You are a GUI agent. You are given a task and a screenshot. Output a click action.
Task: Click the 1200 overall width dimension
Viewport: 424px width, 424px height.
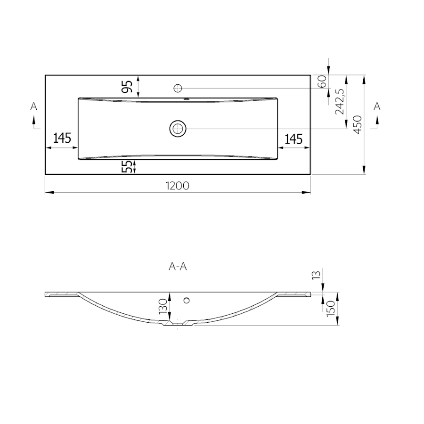178,186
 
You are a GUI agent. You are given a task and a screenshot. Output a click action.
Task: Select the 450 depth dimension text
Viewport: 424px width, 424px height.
358,125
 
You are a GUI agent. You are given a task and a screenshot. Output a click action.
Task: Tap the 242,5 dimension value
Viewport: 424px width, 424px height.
340,102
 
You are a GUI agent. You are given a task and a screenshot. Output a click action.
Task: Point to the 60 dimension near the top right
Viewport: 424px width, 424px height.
322,81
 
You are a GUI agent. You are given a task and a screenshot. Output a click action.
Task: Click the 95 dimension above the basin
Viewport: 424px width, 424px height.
127,87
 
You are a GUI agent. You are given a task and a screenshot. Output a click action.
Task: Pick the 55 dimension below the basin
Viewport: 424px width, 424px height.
127,167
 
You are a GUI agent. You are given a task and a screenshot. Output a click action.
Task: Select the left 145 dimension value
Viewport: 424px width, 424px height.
62,138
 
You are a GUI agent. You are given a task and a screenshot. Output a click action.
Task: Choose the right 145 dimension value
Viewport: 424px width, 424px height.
294,139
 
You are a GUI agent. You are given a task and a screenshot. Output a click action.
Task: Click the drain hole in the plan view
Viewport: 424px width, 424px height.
178,129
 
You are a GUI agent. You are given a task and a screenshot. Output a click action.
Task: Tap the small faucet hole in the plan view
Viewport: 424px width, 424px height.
178,88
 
